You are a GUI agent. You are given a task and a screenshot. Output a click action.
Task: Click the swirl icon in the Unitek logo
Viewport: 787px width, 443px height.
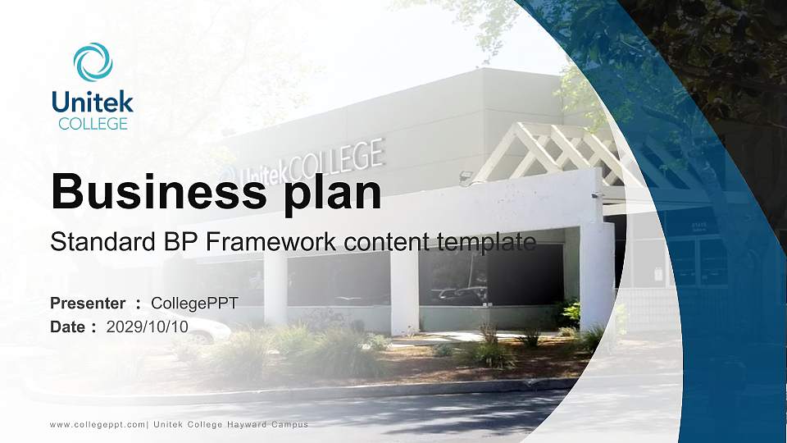92,62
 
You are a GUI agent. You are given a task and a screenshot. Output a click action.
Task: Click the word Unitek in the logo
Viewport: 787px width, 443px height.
92,102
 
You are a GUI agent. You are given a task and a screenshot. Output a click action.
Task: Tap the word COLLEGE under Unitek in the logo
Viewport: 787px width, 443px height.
93,124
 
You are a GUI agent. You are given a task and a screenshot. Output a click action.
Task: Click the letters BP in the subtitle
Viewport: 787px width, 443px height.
181,242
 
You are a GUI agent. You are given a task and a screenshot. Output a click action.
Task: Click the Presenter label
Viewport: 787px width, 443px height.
88,304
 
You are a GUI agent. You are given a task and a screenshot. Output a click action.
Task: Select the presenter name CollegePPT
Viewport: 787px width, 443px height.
194,304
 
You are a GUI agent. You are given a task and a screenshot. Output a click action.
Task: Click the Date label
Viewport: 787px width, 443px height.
68,327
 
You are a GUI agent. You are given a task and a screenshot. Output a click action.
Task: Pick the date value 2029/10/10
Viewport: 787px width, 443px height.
148,327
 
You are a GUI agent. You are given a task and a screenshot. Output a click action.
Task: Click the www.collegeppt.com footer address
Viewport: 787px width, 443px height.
98,424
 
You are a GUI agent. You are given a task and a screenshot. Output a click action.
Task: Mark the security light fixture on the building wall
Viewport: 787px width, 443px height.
466,176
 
